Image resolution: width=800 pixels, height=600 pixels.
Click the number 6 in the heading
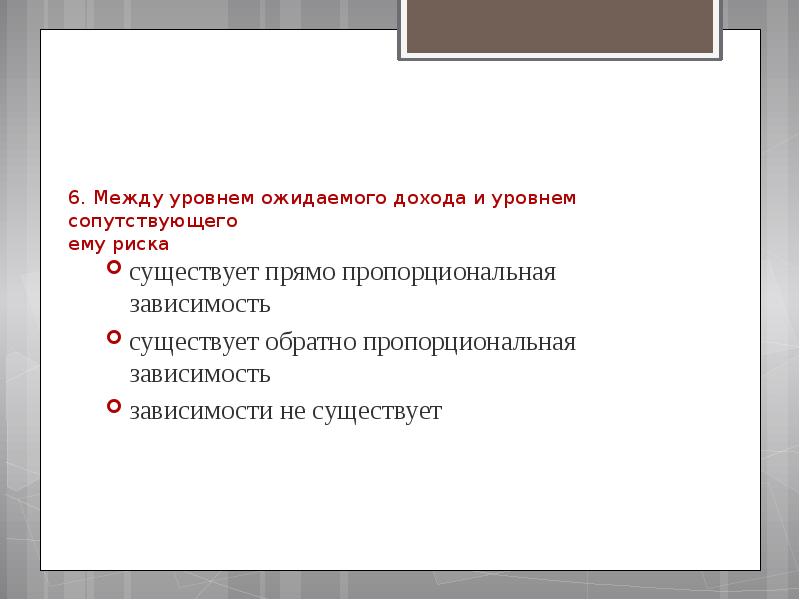coord(75,198)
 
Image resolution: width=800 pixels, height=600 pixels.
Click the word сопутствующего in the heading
coord(153,221)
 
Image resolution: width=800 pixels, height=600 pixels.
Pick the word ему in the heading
coord(85,244)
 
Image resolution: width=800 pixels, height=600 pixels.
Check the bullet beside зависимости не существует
coord(114,407)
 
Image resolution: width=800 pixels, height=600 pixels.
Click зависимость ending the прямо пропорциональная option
coord(199,303)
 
